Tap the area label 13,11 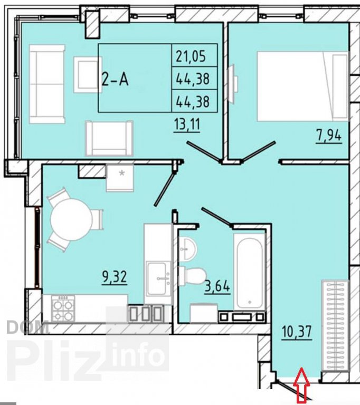point(187,125)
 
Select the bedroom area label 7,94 point(329,136)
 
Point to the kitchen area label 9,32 point(115,277)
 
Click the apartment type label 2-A point(116,79)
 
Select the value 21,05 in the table point(191,56)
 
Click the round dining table point(71,220)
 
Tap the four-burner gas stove point(63,308)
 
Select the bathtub point(250,271)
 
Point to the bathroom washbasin point(188,249)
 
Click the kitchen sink point(158,278)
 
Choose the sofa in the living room point(47,84)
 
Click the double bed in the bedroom point(302,86)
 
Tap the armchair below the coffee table point(109,138)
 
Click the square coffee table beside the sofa point(87,75)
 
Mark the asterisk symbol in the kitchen point(121,173)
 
